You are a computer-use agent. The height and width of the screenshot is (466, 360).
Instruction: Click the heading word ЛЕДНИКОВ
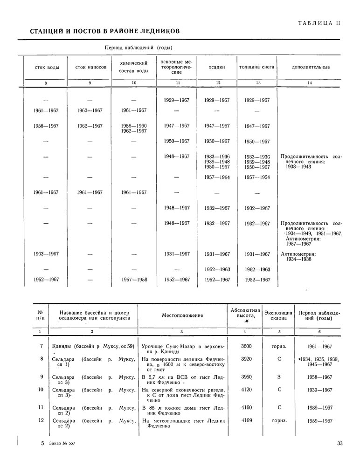point(157,31)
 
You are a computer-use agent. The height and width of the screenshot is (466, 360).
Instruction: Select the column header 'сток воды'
point(47,67)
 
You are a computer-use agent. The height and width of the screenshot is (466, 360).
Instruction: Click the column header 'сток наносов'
point(90,67)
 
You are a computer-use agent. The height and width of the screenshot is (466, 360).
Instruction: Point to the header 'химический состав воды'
point(134,67)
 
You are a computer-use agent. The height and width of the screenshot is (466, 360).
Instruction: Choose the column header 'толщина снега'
point(256,67)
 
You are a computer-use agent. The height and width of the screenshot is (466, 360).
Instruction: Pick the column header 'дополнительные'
point(311,67)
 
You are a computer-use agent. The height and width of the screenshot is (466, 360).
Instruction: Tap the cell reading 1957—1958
point(134,280)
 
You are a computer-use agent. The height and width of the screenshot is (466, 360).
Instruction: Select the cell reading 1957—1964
point(217,178)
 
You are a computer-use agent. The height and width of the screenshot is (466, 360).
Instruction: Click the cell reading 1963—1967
point(46,254)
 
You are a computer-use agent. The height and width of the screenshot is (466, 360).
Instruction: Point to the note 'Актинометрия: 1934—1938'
point(299,257)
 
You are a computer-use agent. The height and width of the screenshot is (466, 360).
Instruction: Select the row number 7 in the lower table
point(42,346)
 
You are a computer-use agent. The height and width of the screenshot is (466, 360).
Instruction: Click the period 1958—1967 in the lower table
point(319,377)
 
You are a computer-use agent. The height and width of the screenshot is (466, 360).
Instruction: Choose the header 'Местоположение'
point(182,315)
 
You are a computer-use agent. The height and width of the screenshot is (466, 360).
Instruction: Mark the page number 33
point(339,443)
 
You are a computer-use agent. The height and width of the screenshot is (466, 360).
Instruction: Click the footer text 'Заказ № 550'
point(61,443)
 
